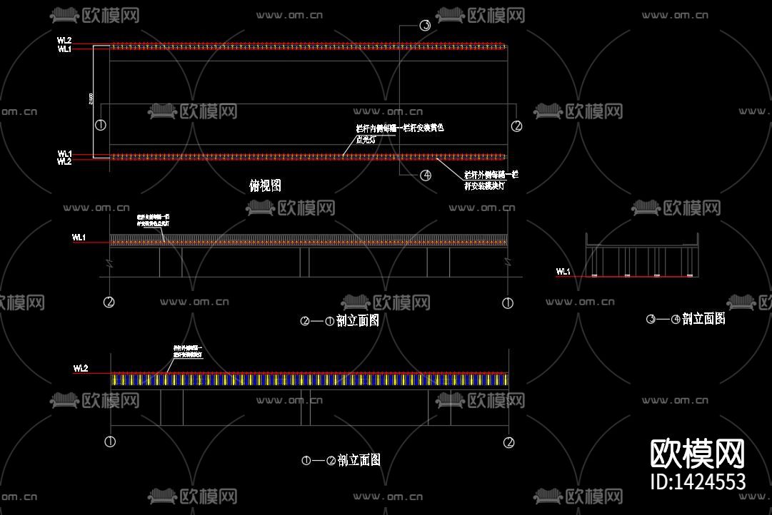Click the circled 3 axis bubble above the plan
425,26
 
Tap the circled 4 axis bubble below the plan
426,175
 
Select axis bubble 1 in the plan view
101,126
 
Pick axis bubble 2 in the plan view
517,126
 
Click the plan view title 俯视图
265,185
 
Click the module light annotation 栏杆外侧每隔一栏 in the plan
491,180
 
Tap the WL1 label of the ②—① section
79,238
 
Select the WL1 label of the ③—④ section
563,272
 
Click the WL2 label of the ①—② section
80,369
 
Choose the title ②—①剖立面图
340,321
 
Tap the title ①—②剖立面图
341,460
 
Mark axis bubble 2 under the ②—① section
109,302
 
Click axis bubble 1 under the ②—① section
508,303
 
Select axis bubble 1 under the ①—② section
110,442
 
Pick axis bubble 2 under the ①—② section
508,442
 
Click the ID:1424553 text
698,482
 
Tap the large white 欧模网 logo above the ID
697,454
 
